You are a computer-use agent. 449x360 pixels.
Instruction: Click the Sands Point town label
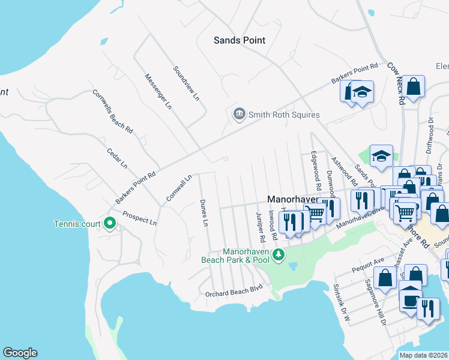240,40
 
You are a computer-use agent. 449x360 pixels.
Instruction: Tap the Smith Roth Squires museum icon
239,114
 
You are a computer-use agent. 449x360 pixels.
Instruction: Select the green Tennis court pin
109,224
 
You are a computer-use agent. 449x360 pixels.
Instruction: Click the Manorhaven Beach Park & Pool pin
278,255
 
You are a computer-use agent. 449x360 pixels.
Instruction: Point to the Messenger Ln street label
158,91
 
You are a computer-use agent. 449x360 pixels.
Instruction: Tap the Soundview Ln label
185,83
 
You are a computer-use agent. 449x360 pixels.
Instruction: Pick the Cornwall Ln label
179,188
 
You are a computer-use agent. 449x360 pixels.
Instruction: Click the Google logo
20,353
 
